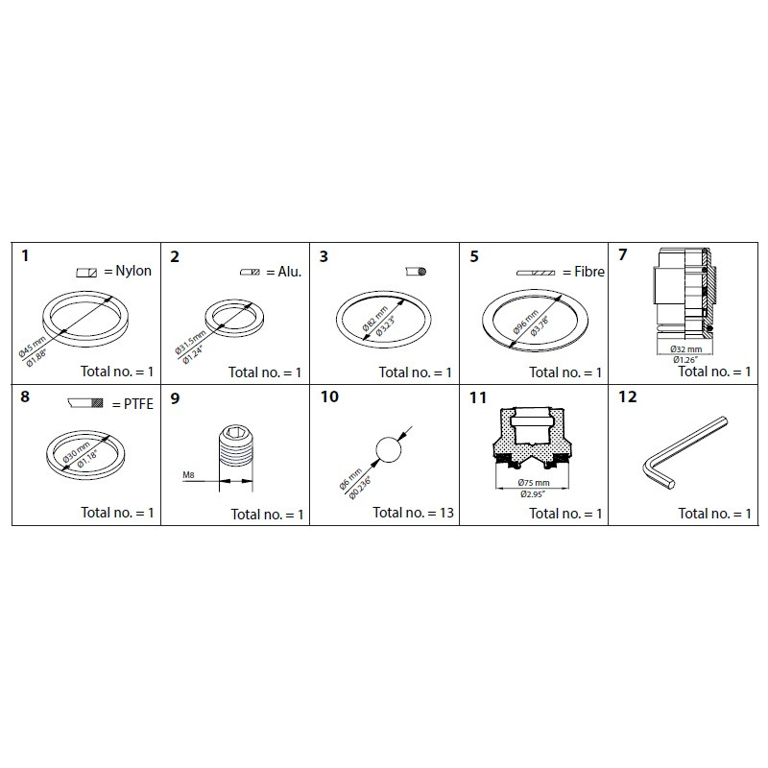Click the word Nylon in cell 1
[x=132, y=272]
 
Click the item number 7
[x=623, y=255]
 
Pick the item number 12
[x=627, y=396]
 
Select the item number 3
[x=324, y=256]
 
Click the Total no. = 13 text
[x=413, y=513]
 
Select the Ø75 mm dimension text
[x=532, y=483]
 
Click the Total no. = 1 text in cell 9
[x=267, y=515]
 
